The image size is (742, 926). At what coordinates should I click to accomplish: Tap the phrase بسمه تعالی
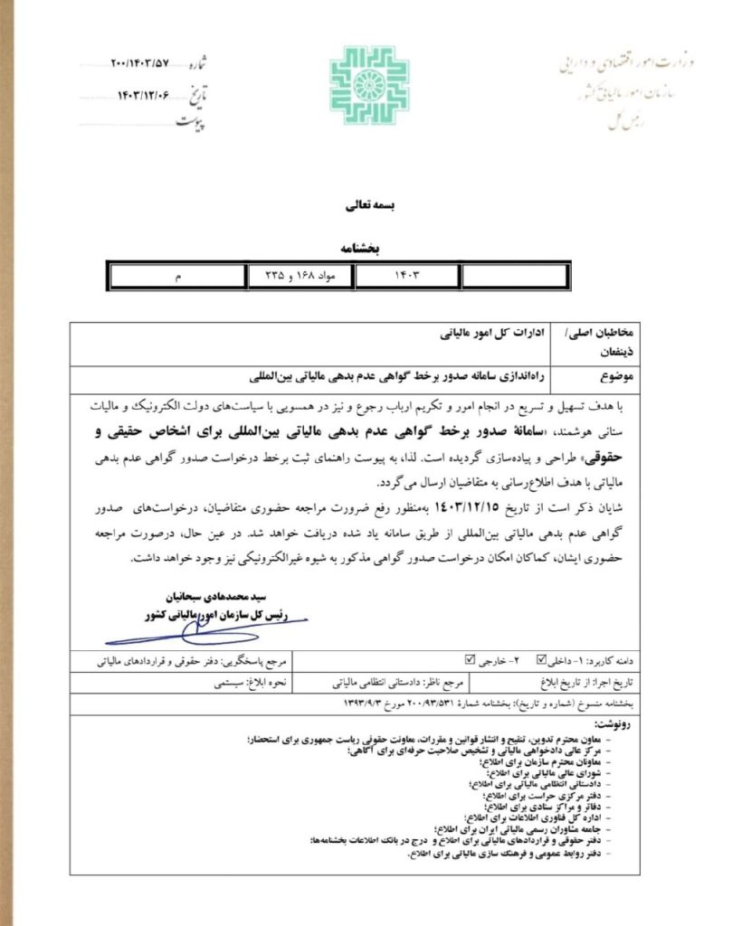point(368,205)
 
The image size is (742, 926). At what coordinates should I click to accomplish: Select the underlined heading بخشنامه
point(368,245)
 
